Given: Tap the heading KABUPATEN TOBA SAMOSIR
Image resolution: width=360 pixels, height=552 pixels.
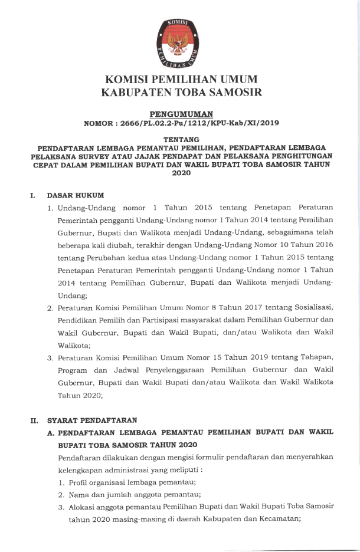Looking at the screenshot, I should (x=181, y=93).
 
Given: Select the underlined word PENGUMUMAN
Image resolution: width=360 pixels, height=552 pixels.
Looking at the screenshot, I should (x=181, y=114).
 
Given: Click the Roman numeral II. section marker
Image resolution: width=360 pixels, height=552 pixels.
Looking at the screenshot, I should (x=34, y=420).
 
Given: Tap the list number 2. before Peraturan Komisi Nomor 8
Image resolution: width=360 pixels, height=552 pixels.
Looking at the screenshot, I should (x=51, y=308).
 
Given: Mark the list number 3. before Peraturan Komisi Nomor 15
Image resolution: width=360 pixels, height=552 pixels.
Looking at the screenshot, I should (x=51, y=359).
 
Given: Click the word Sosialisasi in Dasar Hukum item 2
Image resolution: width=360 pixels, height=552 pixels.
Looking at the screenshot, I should (x=314, y=308).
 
